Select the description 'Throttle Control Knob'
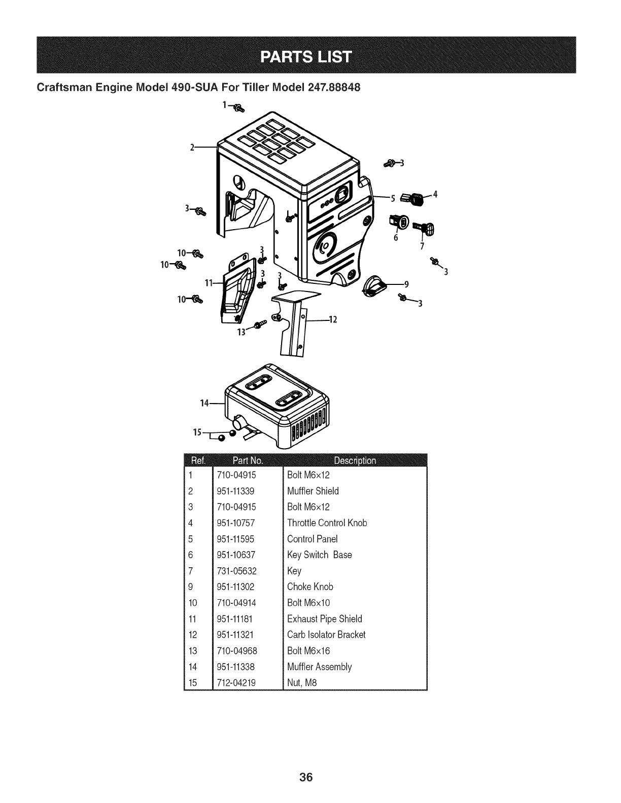coord(327,523)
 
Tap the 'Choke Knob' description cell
coord(310,587)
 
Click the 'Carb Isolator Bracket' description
coord(326,635)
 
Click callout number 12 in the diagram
coord(333,319)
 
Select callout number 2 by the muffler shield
coord(192,148)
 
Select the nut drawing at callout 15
coord(231,433)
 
